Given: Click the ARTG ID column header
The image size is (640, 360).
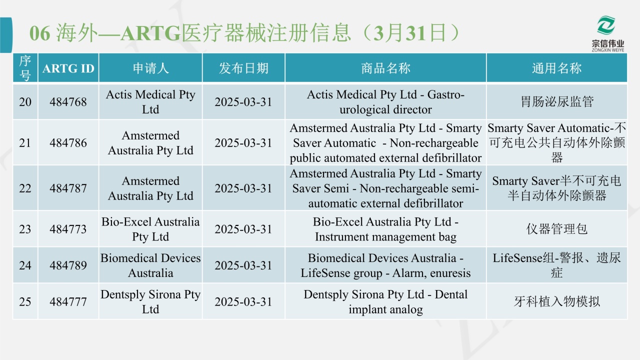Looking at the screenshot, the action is [68, 68].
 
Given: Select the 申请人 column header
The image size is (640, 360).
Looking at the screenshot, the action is [150, 68].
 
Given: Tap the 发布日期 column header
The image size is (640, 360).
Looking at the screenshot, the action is [243, 68].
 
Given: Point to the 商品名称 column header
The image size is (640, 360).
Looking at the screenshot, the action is [385, 68].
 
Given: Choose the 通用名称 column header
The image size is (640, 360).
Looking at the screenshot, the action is [556, 68].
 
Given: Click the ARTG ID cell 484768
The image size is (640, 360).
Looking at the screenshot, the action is [68, 102].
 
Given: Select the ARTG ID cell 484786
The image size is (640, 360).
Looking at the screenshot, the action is [68, 143].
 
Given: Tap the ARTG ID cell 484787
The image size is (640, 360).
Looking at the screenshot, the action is [68, 188].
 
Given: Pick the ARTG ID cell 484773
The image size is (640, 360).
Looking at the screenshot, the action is [68, 229].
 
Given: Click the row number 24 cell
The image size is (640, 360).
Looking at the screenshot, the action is [25, 265].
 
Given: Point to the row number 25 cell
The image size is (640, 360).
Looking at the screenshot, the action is [25, 301].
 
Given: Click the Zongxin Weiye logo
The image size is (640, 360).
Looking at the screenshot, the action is [607, 33].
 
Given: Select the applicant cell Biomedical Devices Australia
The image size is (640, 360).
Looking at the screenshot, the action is [150, 265].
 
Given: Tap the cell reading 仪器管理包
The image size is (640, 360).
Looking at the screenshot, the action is [556, 229].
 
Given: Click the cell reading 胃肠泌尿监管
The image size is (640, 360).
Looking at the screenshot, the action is [556, 102].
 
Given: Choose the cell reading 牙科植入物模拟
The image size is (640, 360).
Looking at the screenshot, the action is [556, 301].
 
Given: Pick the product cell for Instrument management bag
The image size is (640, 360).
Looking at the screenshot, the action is [385, 229].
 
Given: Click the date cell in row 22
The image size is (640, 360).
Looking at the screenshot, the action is [243, 188].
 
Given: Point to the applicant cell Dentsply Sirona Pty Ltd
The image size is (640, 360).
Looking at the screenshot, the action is [150, 301].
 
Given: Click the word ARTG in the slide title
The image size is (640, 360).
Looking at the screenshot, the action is [150, 33].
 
